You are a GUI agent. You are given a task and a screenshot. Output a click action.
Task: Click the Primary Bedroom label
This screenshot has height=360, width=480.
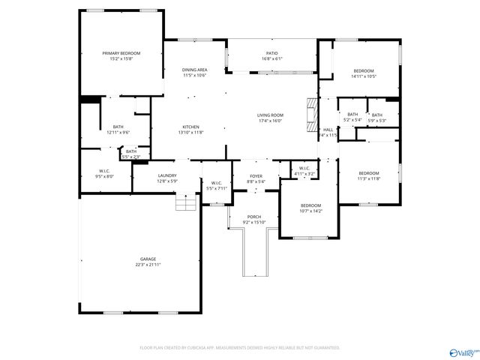coord(121,53)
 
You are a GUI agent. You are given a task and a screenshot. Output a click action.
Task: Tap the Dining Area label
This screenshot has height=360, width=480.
coord(194,70)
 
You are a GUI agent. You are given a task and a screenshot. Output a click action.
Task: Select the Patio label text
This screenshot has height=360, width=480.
coord(271,53)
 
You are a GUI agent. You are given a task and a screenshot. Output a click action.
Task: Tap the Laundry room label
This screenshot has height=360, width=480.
coord(167,175)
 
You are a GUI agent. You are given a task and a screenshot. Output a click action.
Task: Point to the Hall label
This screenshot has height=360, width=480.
coord(328,130)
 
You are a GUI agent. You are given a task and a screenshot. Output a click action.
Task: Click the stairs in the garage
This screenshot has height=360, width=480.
coord(184,203)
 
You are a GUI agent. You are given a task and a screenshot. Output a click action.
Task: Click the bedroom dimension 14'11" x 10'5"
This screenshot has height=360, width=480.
coord(364,76)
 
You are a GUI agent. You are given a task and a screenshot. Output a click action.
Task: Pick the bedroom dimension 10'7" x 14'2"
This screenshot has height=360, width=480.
coord(310,211)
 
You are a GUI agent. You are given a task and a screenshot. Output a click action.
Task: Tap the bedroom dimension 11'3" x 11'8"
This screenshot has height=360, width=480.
coord(368,178)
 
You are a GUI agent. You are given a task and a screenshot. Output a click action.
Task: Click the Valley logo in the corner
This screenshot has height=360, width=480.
coord(462,352)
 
